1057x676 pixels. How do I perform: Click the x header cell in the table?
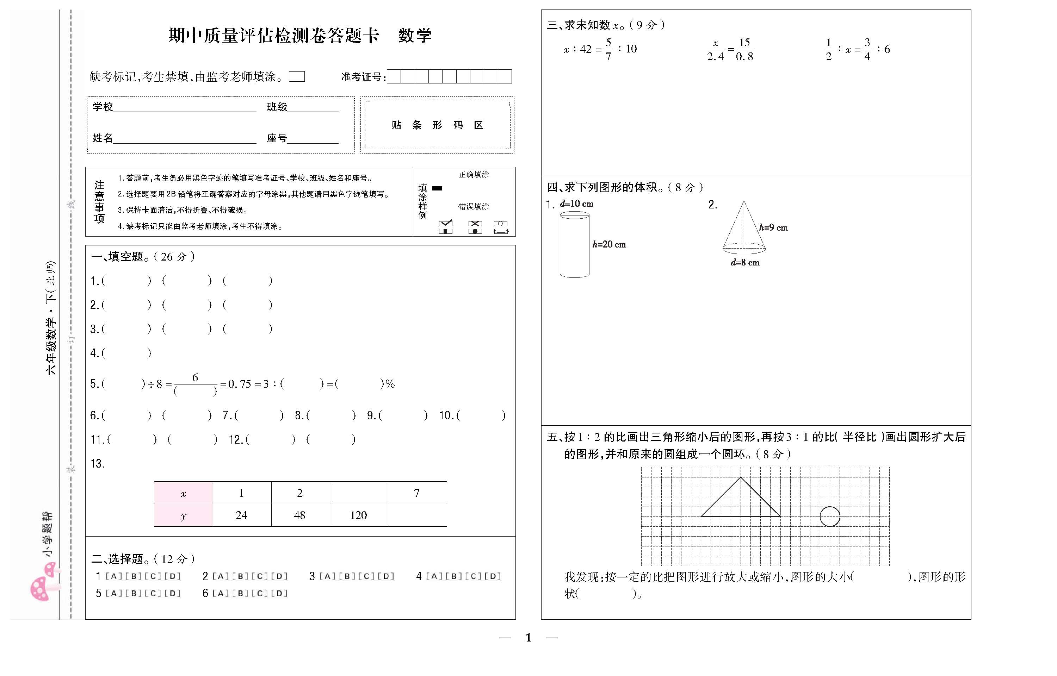click(x=183, y=493)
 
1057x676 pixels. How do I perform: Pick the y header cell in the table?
click(x=183, y=516)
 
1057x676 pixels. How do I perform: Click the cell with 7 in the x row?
click(x=417, y=493)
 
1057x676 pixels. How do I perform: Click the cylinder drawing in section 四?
click(x=574, y=244)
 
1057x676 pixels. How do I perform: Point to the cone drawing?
click(x=743, y=228)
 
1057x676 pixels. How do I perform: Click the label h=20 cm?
click(x=609, y=244)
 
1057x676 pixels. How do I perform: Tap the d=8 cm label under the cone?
click(x=745, y=263)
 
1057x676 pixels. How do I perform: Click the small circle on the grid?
click(x=829, y=516)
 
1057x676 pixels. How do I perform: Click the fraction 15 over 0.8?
click(x=744, y=49)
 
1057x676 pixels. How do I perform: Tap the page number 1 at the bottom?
click(x=528, y=637)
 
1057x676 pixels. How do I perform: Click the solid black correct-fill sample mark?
click(x=437, y=188)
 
